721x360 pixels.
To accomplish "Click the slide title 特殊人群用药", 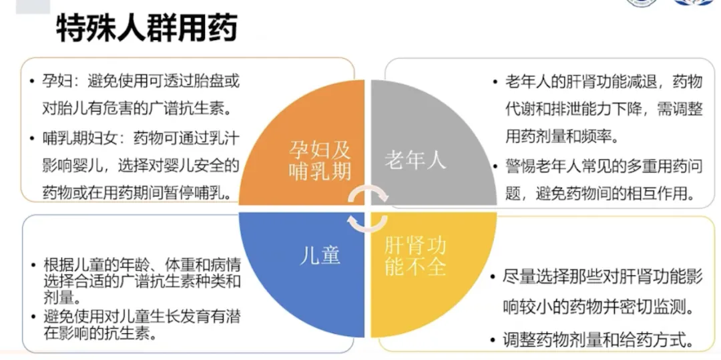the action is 146,29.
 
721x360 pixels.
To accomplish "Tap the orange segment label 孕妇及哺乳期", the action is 320,160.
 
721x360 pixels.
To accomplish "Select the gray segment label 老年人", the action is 415,160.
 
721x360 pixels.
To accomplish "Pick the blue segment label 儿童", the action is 320,255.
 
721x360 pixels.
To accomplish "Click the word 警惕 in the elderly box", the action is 521,166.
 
